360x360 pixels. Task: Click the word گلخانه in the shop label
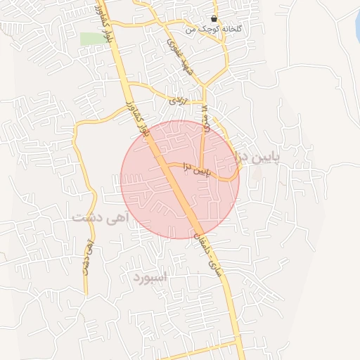click(231, 30)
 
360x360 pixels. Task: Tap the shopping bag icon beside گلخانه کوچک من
click(214, 19)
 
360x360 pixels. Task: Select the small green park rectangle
click(90, 39)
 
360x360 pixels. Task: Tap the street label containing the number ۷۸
click(205, 115)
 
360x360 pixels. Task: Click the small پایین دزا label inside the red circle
click(196, 169)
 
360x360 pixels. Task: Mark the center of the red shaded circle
click(180, 179)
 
